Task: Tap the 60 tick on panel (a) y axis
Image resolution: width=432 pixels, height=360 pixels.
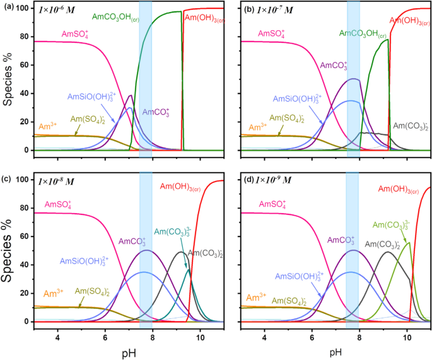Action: (24, 64)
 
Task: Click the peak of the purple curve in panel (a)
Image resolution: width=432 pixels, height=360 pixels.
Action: (131, 95)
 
